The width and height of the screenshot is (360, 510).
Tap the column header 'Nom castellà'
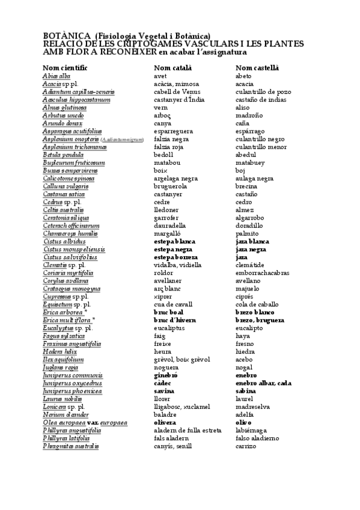[257, 67]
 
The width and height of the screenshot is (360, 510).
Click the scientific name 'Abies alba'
[57, 76]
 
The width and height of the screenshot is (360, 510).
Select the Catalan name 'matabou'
[167, 162]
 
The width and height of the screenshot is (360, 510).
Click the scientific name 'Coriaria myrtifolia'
[68, 272]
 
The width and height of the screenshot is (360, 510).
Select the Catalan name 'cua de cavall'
[173, 304]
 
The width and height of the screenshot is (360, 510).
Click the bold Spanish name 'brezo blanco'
[254, 312]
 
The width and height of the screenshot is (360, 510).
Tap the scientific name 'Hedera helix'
[60, 351]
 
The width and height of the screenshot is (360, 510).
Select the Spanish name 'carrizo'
[246, 446]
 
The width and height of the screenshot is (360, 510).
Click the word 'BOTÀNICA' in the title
[67, 37]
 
